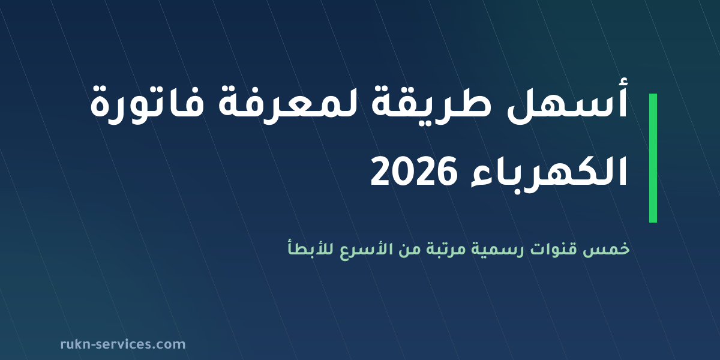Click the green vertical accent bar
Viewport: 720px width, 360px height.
(653, 158)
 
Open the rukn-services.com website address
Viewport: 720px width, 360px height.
(123, 344)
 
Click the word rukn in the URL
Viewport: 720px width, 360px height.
(75, 344)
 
